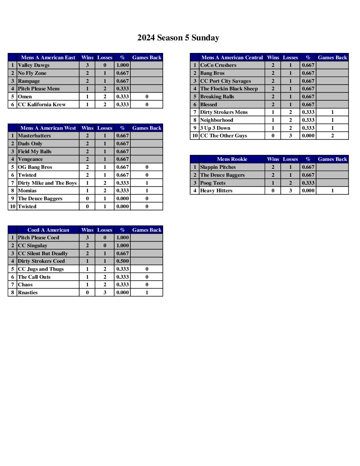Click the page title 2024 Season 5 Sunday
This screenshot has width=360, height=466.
[178, 38]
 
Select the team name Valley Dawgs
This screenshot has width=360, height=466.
[34, 65]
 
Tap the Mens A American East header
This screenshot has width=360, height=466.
[48, 58]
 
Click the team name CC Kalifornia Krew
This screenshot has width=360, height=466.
[42, 105]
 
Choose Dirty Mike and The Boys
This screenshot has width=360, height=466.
[47, 183]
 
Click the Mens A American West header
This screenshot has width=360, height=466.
[48, 128]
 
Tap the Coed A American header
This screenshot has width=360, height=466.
[48, 230]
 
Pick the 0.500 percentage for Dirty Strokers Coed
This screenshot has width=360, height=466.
[122, 261]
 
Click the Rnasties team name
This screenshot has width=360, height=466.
[28, 293]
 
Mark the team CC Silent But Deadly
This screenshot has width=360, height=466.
[43, 254]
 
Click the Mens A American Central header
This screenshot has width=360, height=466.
[232, 58]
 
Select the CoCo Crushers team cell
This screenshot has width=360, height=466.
[218, 65]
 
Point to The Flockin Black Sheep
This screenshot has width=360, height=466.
[229, 89]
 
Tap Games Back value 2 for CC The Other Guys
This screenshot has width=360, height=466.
[332, 136]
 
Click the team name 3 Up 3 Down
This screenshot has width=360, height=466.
[215, 128]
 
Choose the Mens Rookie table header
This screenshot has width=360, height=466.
[232, 159]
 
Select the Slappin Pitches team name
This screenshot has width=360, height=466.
[218, 167]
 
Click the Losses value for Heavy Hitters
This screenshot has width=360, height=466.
[290, 191]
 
